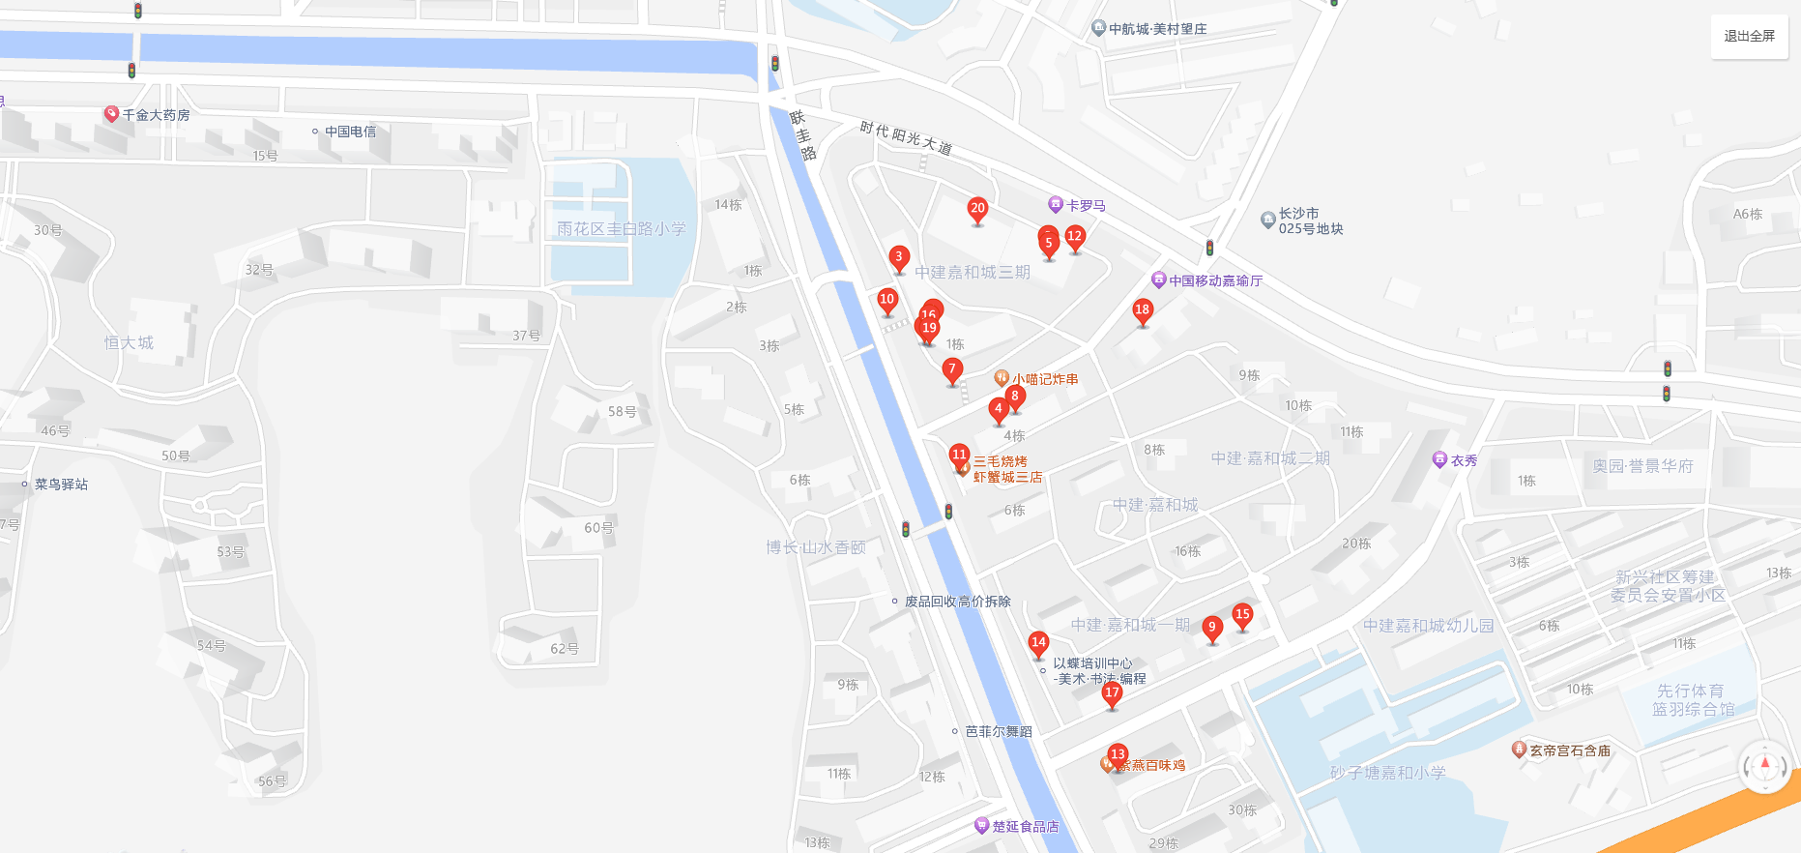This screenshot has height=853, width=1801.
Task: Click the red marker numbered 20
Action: point(977,210)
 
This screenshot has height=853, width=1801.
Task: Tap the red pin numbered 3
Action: point(899,258)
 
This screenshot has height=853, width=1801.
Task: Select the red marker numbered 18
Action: point(1142,311)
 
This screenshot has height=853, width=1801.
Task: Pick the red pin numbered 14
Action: point(1038,643)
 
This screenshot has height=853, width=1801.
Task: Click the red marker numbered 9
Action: point(1211,629)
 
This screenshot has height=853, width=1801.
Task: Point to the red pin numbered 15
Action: point(1242,615)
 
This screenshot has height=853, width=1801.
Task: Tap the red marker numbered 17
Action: point(1112,694)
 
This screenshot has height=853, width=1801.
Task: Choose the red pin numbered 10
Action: point(887,301)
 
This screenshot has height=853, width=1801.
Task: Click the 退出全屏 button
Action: point(1749,36)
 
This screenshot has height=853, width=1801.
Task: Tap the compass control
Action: point(1765,766)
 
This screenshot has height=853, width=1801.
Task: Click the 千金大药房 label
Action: point(155,115)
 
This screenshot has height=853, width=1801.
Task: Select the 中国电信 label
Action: point(350,132)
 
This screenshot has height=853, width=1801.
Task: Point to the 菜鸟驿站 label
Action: point(61,485)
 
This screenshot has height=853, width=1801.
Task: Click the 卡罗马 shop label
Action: point(1086,206)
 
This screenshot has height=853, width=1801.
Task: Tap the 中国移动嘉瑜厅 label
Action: point(1215,280)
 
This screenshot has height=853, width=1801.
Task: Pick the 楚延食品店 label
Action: point(1025,827)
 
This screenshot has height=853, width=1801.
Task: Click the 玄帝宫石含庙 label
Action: point(1569,750)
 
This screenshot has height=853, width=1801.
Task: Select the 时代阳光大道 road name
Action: point(906,138)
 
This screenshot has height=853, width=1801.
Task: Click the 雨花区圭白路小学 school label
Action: point(621,229)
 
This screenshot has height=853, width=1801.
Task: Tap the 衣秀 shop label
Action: point(1464,461)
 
